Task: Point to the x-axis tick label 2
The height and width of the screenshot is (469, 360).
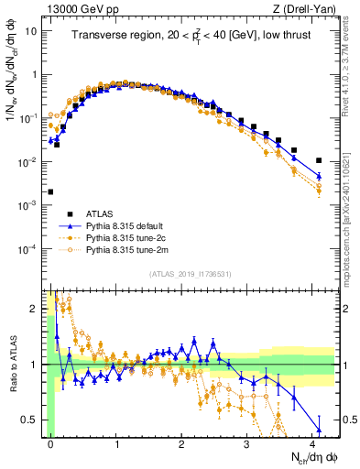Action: point(181,442)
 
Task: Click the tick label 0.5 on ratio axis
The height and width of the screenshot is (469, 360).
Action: point(31,420)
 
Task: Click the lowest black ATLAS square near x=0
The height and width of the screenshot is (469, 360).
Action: point(50,192)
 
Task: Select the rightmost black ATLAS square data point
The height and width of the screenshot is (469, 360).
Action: point(319,160)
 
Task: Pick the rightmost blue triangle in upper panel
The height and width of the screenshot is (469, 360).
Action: point(319,176)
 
